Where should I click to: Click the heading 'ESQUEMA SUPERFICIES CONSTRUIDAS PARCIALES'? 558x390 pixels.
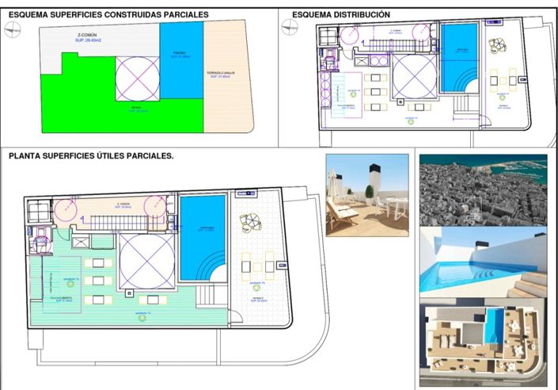coord(108,14)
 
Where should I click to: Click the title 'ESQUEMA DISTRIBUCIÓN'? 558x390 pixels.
coord(340,14)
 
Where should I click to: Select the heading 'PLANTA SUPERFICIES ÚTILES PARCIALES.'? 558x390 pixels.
coord(91,156)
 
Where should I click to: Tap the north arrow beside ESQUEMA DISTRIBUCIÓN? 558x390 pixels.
coord(290,26)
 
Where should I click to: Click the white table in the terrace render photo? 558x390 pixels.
coord(393,205)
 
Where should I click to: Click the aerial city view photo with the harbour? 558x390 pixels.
coord(483,189)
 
